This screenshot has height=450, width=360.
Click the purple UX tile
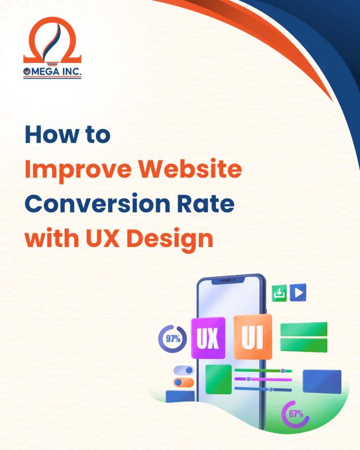pos(208,338)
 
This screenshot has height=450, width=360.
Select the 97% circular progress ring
pos(173,339)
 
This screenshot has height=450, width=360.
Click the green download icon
pos(280,292)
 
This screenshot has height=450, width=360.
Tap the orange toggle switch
pos(184,382)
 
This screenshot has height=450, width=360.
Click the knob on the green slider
pos(282,371)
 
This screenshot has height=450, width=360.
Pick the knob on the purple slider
pos(248,379)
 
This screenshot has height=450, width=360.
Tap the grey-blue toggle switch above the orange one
pos(184,370)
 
